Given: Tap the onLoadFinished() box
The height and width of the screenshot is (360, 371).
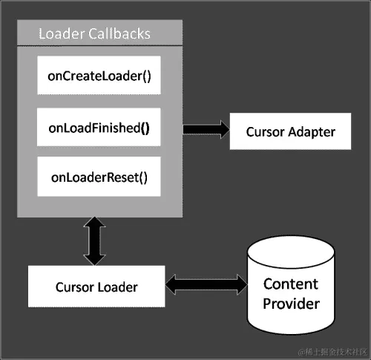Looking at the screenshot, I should [99, 128].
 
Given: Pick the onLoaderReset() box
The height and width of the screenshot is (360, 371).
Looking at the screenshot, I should [99, 177].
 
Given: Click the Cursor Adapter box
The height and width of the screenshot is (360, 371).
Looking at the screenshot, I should [290, 132].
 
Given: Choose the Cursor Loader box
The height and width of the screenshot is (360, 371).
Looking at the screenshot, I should [96, 286].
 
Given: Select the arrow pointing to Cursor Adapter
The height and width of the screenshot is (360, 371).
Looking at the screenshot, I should [206, 129].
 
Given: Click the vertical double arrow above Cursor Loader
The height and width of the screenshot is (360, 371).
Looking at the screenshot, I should [96, 241].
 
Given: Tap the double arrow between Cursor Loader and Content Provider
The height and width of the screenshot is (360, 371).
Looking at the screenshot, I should [206, 284].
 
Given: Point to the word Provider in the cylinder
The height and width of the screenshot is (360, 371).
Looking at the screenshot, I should [291, 303].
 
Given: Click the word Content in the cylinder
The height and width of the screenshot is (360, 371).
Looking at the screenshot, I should [291, 284].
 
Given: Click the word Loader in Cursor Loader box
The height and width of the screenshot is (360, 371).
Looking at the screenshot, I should [116, 287].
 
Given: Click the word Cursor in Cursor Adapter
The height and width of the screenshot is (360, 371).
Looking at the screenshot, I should [265, 132].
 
